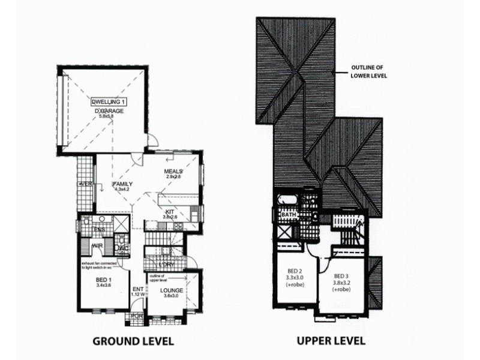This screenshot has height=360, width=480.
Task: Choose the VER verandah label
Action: tap(85, 185)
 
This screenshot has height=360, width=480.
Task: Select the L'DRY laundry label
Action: tap(166, 263)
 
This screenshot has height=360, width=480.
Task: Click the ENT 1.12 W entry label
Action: tap(137, 291)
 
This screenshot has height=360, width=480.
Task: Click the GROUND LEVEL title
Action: tap(133, 341)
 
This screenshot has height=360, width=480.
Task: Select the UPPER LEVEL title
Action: tap(331, 341)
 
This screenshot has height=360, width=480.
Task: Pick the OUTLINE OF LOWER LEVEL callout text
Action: tap(369, 72)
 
